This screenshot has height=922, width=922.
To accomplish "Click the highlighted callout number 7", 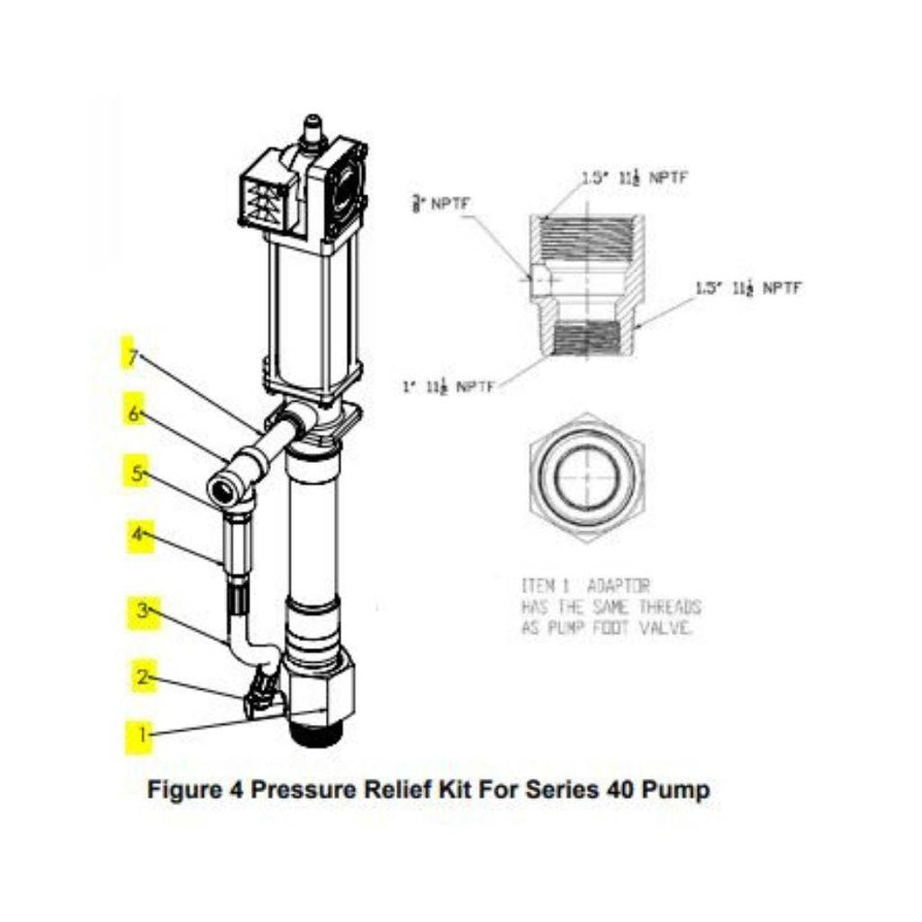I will click(x=130, y=355).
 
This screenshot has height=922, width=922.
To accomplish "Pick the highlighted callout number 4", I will click(x=139, y=534).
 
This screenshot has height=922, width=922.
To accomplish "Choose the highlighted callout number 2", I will click(x=143, y=676).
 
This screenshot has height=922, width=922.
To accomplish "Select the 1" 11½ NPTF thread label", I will click(x=447, y=386).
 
